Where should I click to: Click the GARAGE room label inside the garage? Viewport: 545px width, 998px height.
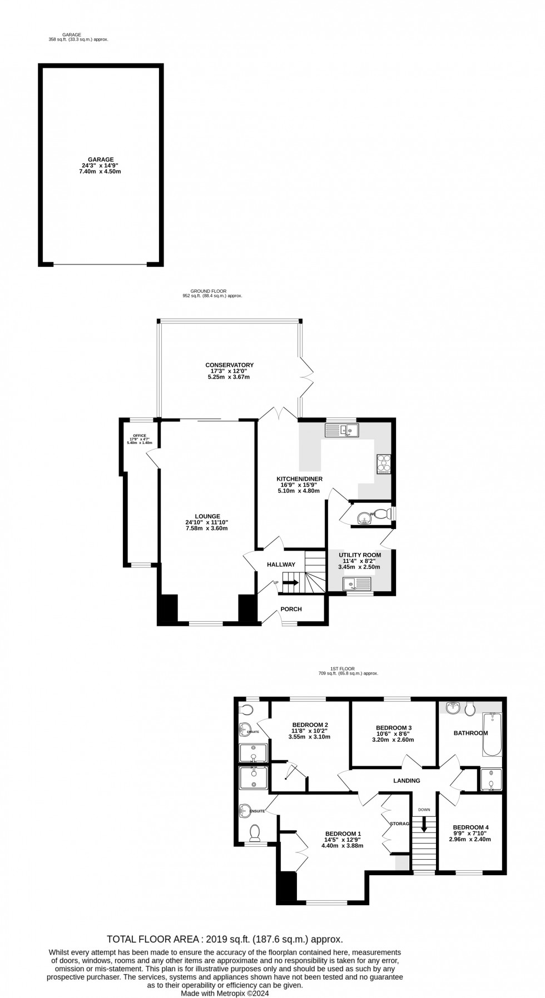coord(101,159)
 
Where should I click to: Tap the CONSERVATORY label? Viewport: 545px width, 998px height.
coord(229,365)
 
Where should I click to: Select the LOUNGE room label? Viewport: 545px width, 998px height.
coord(206,516)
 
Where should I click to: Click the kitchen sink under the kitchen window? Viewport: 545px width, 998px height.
coord(341,430)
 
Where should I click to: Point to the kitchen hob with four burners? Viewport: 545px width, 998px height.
coord(384,463)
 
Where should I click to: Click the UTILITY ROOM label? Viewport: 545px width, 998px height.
coord(359,555)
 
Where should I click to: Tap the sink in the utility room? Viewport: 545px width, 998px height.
coord(356,583)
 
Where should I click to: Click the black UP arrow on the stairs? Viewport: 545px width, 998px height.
coord(291,582)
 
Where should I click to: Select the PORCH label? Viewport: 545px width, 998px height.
coord(291,609)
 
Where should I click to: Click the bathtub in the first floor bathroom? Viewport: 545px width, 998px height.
coord(492,735)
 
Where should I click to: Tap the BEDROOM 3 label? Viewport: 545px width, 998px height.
coord(393,728)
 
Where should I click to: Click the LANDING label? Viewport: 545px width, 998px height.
coord(407,781)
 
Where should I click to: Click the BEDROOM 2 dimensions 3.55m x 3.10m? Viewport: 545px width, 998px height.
coord(309,737)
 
